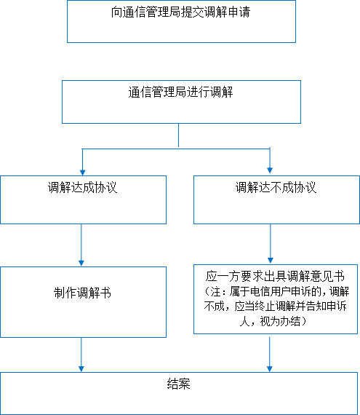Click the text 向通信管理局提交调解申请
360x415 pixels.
click(180, 12)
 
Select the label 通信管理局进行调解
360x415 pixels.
click(180, 92)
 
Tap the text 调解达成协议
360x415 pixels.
click(82, 187)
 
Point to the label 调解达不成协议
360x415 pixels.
click(276, 187)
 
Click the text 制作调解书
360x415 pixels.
click(82, 293)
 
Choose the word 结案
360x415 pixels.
click(179, 384)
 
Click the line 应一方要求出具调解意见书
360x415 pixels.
click(276, 277)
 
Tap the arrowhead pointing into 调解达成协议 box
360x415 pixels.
click(82, 173)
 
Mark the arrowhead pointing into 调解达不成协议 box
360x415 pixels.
click(270, 170)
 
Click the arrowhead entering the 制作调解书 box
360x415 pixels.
click(81, 264)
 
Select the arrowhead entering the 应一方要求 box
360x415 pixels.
click(270, 261)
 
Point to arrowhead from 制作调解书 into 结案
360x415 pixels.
click(81, 369)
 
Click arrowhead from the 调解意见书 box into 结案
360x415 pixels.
click(270, 369)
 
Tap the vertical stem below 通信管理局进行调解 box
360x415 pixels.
click(178, 135)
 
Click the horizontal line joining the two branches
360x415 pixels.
click(176, 149)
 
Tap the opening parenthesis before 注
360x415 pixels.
click(207, 291)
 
